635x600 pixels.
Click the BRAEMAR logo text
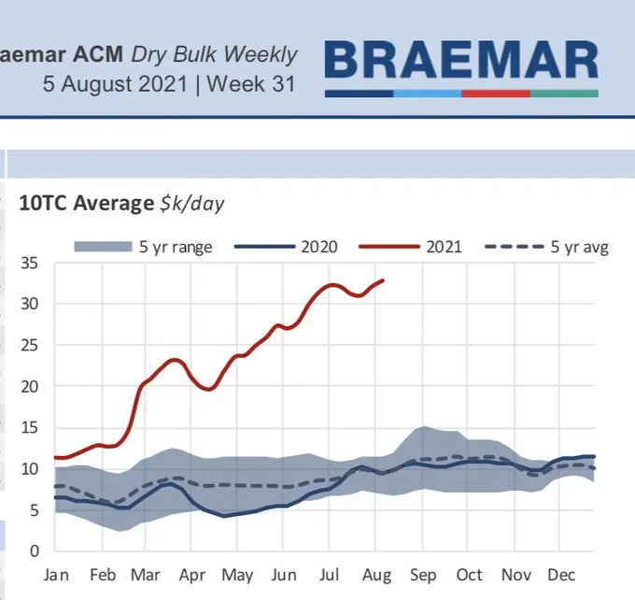tap(461, 61)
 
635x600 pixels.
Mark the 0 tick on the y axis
tap(35, 550)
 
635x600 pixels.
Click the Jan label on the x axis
tap(56, 576)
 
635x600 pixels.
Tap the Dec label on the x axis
tap(562, 576)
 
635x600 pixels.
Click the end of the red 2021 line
tap(383, 279)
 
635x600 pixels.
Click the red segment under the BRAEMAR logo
tap(496, 93)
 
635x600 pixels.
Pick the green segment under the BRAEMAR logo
tap(564, 93)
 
